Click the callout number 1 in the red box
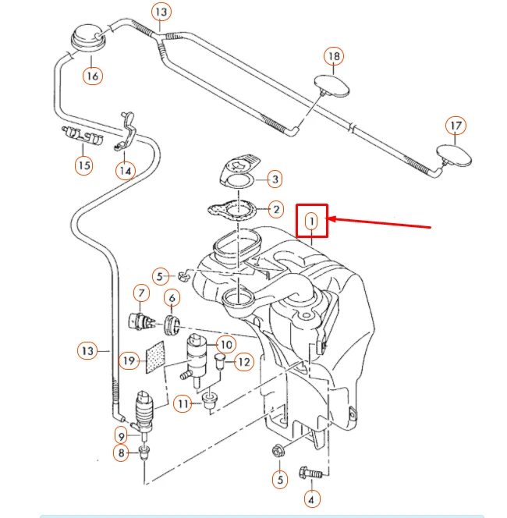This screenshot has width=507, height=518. click(312, 221)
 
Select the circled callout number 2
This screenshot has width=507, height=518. click(275, 209)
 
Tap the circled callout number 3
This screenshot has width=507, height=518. click(275, 180)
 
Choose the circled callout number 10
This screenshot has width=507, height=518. click(225, 344)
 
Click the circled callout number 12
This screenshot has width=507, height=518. click(243, 362)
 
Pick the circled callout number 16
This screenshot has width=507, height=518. click(93, 76)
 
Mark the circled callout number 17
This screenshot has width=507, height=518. click(456, 126)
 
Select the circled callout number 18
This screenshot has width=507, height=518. click(333, 56)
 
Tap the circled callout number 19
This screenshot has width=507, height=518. click(129, 360)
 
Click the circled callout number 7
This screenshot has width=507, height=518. click(141, 293)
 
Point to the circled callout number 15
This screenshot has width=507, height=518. click(83, 165)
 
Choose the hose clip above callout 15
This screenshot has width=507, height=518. click(82, 137)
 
